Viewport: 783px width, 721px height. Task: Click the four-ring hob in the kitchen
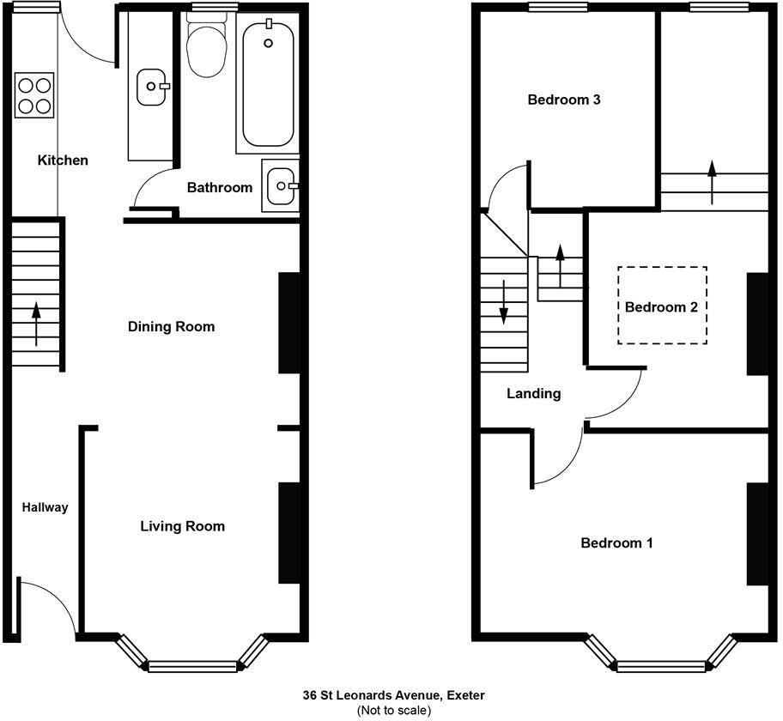[33, 95]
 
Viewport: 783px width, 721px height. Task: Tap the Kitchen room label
[62, 161]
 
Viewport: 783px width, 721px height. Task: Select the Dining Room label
[171, 327]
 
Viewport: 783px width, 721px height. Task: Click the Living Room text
[182, 526]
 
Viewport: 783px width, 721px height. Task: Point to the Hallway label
[45, 507]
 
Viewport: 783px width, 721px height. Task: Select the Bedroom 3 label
[563, 100]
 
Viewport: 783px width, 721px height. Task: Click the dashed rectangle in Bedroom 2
[662, 306]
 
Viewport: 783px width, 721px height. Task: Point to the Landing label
[533, 394]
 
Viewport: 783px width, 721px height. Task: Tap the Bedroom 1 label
[616, 543]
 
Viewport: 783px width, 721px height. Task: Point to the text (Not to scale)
[393, 710]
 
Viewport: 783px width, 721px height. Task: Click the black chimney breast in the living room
[288, 533]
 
